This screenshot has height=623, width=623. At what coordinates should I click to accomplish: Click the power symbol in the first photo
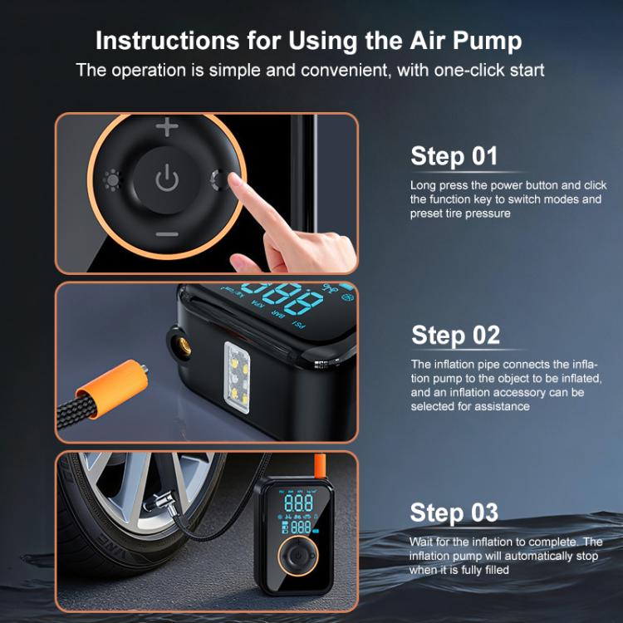pyautogui.click(x=167, y=178)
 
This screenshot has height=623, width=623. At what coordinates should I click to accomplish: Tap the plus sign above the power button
pyautogui.click(x=167, y=126)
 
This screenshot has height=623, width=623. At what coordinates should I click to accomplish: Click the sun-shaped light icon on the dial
pyautogui.click(x=111, y=180)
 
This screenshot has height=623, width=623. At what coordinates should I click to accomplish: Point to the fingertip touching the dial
pyautogui.click(x=235, y=182)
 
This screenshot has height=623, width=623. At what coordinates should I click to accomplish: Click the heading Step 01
pyautogui.click(x=454, y=156)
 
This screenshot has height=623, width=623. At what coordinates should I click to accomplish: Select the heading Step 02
pyautogui.click(x=455, y=335)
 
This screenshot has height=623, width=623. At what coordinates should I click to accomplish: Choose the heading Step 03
pyautogui.click(x=454, y=513)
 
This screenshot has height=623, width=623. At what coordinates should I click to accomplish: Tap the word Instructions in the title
pyautogui.click(x=167, y=41)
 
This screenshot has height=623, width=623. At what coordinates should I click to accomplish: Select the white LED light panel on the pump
pyautogui.click(x=238, y=377)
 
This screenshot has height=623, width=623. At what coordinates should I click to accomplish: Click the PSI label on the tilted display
pyautogui.click(x=299, y=325)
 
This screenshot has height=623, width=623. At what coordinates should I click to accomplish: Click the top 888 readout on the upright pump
pyautogui.click(x=298, y=503)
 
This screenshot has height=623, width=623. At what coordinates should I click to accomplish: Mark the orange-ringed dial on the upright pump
pyautogui.click(x=298, y=556)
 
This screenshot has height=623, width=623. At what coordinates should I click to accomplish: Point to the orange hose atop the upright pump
pyautogui.click(x=320, y=467)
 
